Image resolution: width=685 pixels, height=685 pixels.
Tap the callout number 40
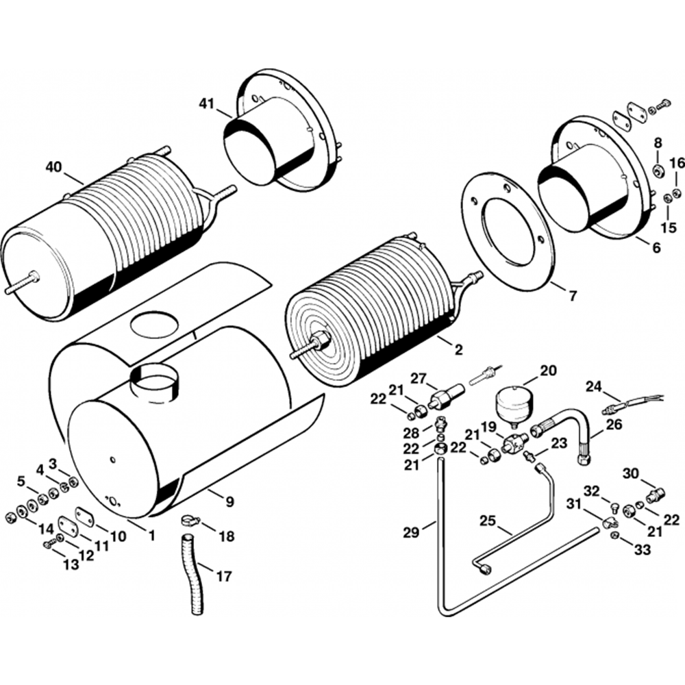(x=55, y=167)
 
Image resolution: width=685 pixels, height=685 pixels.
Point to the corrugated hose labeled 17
(x=191, y=571)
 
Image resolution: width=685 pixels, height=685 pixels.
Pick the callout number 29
(x=411, y=532)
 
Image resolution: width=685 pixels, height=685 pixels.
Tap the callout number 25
(x=489, y=521)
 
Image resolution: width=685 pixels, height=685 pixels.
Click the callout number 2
(x=458, y=349)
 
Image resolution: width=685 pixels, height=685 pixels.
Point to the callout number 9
(x=229, y=501)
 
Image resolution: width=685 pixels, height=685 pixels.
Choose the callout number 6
(x=657, y=248)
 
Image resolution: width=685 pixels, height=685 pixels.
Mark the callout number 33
(x=643, y=549)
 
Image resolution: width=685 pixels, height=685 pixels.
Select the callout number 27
(x=418, y=378)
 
